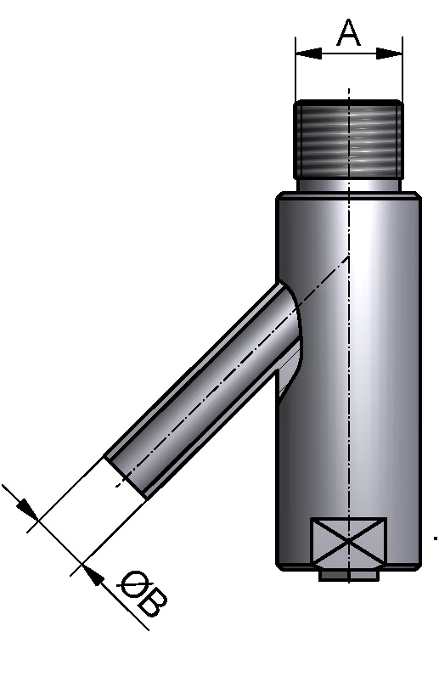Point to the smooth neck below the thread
pyautogui.click(x=349, y=184)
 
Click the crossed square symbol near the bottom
pyautogui.click(x=349, y=541)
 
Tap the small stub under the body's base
pyautogui.click(x=349, y=577)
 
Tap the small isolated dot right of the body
pyautogui.click(x=435, y=538)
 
